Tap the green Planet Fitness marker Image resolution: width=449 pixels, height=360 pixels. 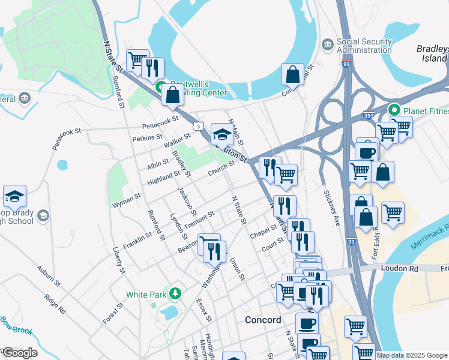[394, 110]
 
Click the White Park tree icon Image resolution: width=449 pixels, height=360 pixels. [175, 294]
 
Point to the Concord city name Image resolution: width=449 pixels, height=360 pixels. [263, 320]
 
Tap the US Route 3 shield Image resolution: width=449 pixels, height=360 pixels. [197, 125]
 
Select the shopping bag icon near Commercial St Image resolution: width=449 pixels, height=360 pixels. [292, 75]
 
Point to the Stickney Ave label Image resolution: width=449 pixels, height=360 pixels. [333, 208]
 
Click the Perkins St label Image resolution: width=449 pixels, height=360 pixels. [144, 138]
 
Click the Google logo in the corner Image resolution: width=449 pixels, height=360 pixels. [19, 353]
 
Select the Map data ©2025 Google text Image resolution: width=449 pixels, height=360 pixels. [411, 355]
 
